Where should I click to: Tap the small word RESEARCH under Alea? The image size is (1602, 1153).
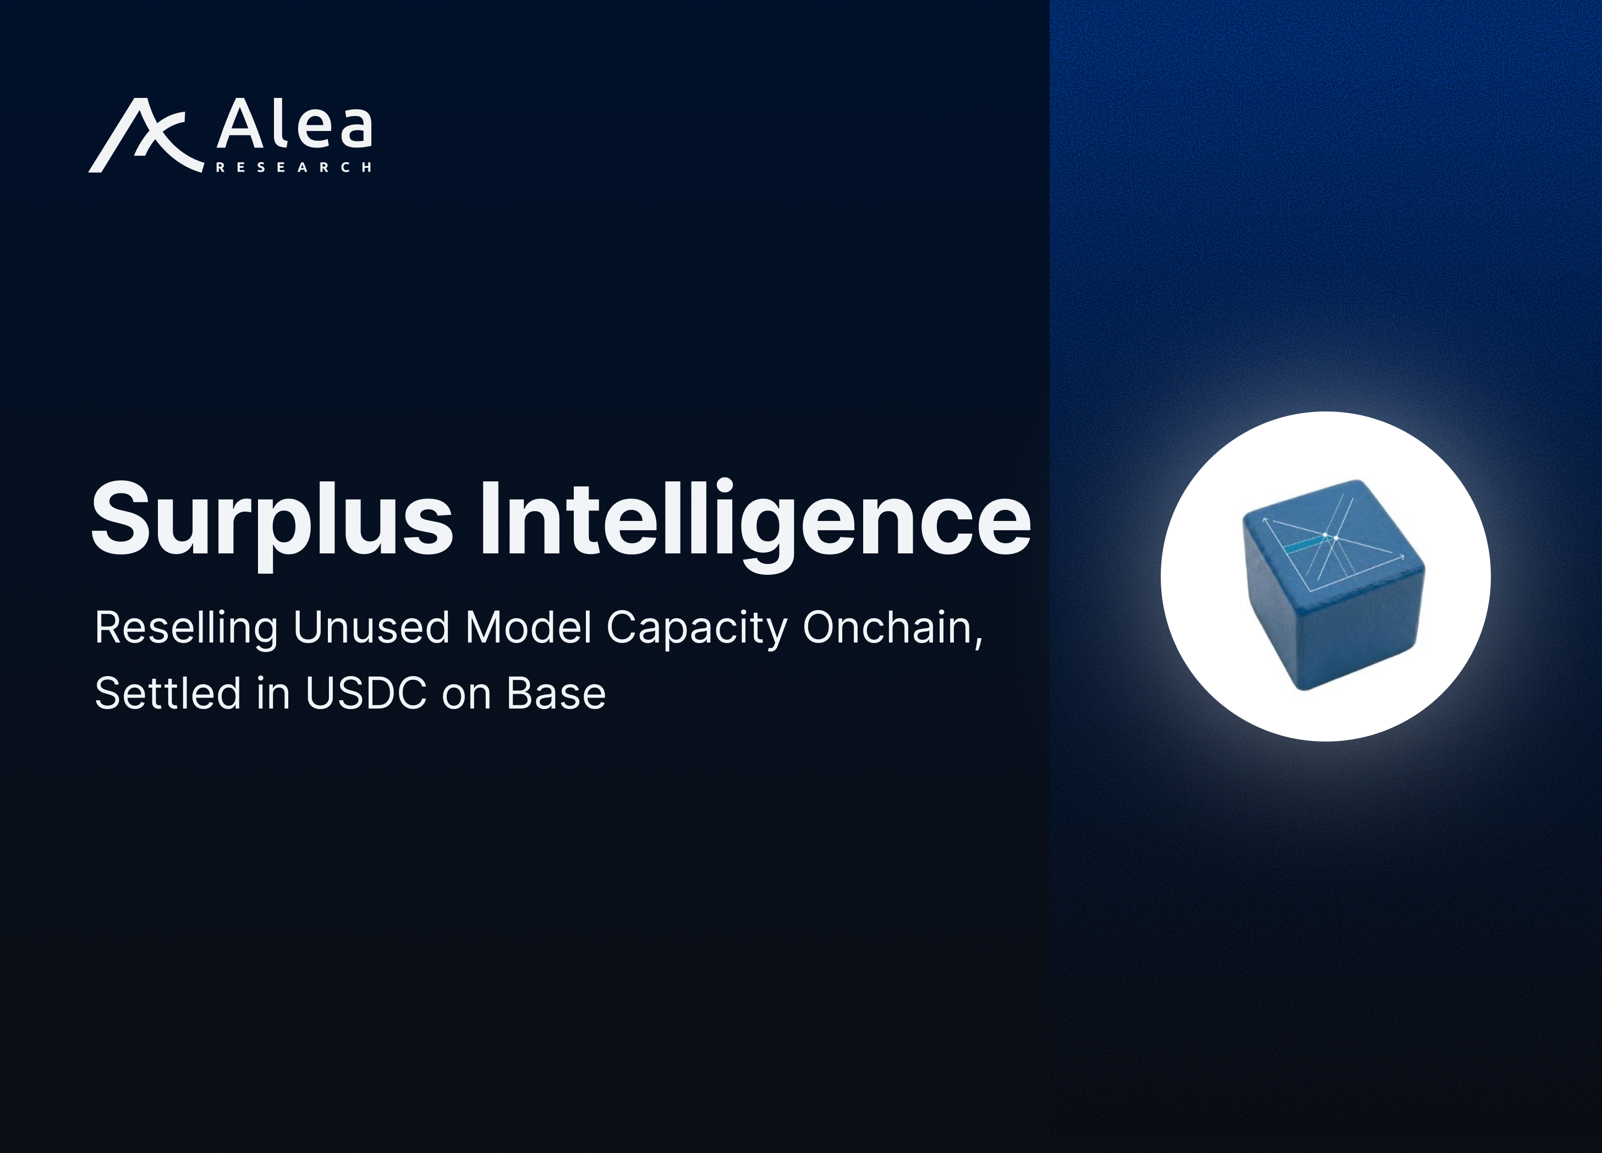(293, 167)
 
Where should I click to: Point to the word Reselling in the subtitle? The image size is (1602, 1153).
(186, 628)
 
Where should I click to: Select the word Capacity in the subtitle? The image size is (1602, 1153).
(696, 628)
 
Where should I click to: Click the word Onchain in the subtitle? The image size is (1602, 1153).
(893, 628)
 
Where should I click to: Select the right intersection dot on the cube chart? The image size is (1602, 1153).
(1336, 539)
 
